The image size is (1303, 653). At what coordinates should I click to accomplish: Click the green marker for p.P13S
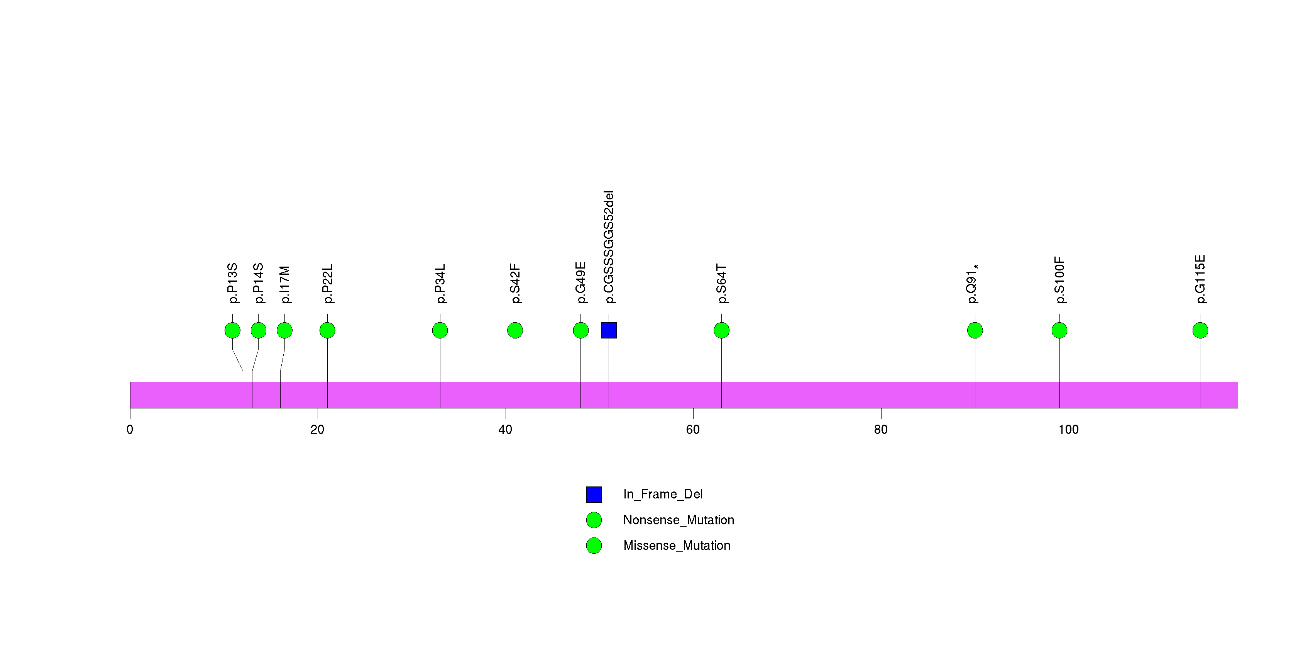click(x=232, y=330)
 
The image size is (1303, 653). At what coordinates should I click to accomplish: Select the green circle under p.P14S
click(x=259, y=330)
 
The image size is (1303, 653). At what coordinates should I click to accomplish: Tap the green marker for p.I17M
click(x=284, y=330)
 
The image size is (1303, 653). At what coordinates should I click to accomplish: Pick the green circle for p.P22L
click(x=327, y=330)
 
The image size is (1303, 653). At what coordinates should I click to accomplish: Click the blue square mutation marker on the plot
click(x=609, y=330)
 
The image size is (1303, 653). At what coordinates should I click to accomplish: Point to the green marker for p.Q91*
click(x=975, y=330)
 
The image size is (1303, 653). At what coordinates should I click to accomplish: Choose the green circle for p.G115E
click(x=1200, y=330)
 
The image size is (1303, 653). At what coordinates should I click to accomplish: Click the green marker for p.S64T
click(x=721, y=330)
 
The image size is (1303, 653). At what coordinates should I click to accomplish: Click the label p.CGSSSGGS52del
click(x=609, y=247)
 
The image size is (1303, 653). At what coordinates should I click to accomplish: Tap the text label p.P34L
click(x=440, y=284)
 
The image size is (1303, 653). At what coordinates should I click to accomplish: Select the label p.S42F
click(x=515, y=284)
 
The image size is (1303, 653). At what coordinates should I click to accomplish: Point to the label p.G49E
click(x=581, y=282)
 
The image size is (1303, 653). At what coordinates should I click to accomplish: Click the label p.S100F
click(x=1059, y=280)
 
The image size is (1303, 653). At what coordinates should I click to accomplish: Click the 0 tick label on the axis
click(x=130, y=430)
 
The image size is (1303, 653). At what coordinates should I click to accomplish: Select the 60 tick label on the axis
click(x=693, y=430)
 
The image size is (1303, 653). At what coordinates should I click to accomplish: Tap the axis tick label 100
click(x=1068, y=430)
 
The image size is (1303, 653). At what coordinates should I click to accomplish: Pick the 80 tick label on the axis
click(x=881, y=430)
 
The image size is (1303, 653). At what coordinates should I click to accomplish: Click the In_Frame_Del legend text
click(x=663, y=494)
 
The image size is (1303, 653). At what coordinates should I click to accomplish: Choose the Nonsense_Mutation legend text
click(x=678, y=520)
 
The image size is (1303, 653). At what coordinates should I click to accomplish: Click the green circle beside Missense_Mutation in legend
click(x=594, y=545)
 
